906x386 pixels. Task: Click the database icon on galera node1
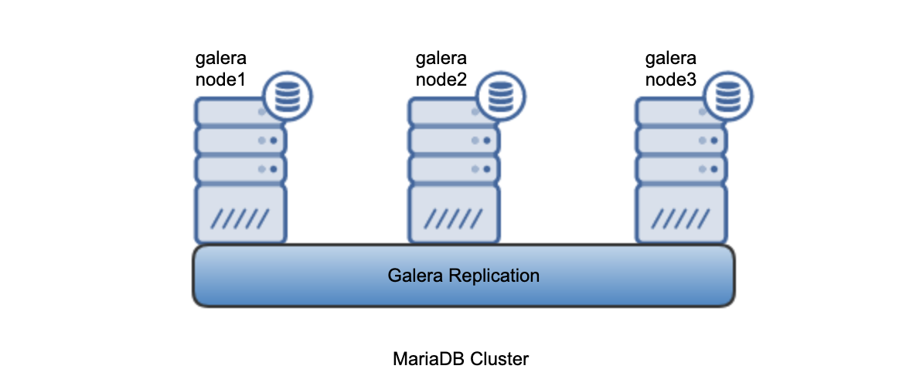[287, 96]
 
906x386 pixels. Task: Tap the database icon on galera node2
[501, 96]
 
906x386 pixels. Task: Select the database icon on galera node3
[726, 96]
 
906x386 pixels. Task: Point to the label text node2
[441, 79]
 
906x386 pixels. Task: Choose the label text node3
[671, 79]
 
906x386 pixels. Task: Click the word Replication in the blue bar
[496, 276]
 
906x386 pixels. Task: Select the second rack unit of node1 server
[240, 141]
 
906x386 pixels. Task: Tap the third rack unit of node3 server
[681, 168]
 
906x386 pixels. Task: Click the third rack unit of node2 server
[454, 168]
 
